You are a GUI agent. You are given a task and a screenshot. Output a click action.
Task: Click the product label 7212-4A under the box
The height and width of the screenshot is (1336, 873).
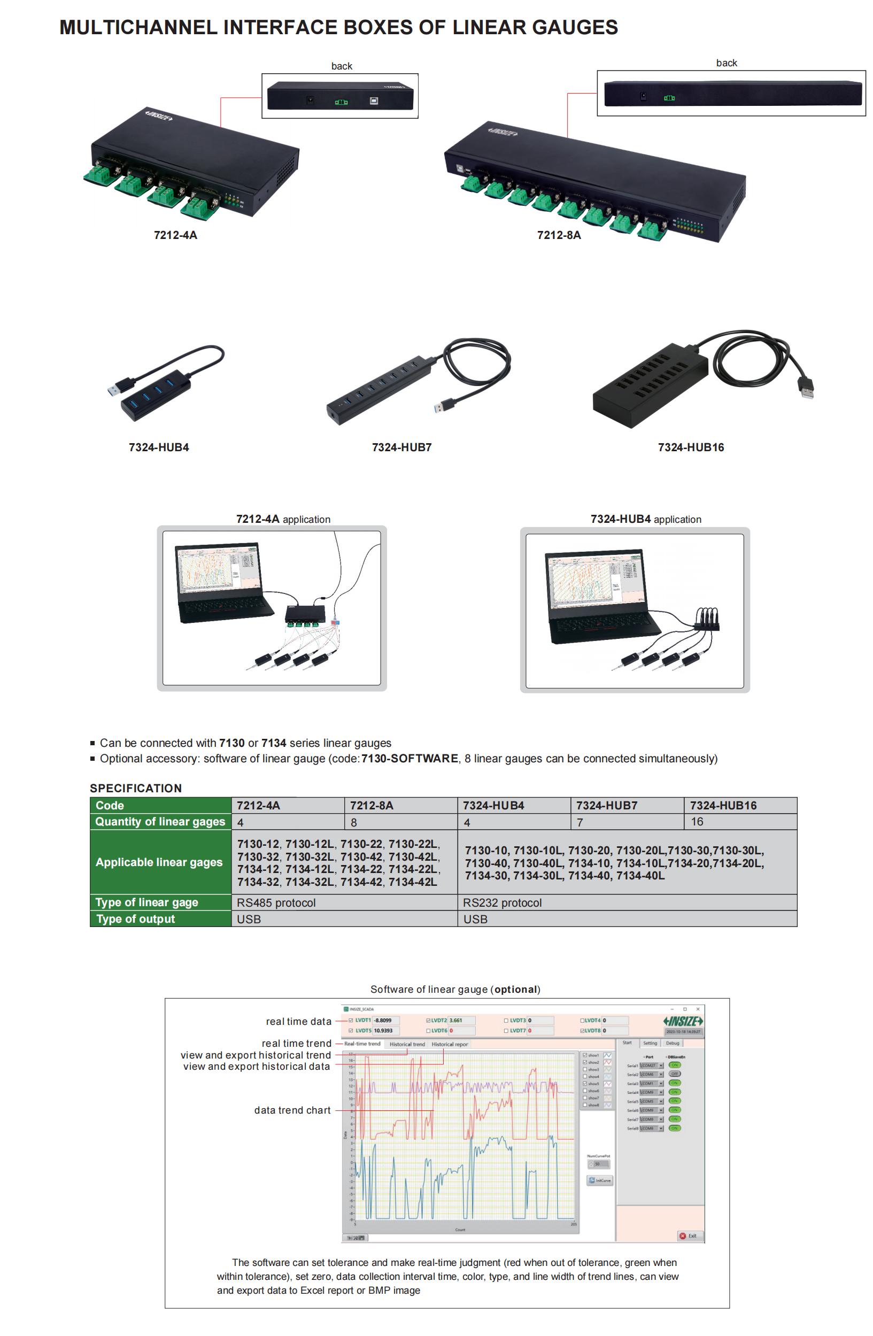175,235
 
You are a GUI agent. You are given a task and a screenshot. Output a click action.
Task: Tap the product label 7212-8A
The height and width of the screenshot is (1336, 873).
559,235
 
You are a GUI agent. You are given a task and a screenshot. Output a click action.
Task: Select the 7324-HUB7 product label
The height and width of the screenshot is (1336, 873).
401,447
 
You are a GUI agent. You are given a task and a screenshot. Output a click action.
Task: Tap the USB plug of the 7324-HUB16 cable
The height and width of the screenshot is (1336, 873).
806,387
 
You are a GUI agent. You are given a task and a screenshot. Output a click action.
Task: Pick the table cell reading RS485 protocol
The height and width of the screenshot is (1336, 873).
276,902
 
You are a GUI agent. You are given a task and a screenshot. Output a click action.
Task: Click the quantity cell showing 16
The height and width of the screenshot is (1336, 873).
697,822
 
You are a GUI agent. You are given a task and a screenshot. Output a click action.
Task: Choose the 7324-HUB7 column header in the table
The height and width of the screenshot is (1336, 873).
606,806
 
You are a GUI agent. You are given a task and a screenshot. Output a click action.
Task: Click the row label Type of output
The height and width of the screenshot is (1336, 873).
135,919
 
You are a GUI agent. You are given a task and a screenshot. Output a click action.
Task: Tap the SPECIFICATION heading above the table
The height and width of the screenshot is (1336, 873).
136,788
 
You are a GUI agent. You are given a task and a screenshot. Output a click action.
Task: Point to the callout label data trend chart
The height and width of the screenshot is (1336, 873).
292,1110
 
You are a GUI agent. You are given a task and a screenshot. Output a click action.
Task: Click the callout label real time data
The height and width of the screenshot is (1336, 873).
299,1022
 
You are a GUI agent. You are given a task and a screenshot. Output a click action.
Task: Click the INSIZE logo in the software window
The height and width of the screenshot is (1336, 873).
683,1021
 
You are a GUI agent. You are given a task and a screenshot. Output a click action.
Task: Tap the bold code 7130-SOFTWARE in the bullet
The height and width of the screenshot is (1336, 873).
410,759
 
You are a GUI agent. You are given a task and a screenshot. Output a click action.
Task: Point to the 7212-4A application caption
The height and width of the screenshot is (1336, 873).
283,519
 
